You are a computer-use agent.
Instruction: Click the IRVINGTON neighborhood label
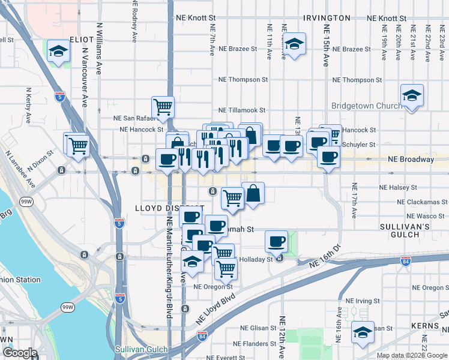click(327, 18)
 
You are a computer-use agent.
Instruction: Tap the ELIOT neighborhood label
click(82, 39)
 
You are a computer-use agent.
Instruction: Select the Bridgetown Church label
click(367, 106)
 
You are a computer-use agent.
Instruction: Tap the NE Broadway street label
click(411, 160)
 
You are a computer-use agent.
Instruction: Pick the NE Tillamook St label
click(241, 110)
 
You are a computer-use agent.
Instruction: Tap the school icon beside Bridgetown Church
click(412, 96)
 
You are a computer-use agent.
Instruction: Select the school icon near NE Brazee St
click(294, 44)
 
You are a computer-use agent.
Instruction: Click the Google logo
click(19, 353)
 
